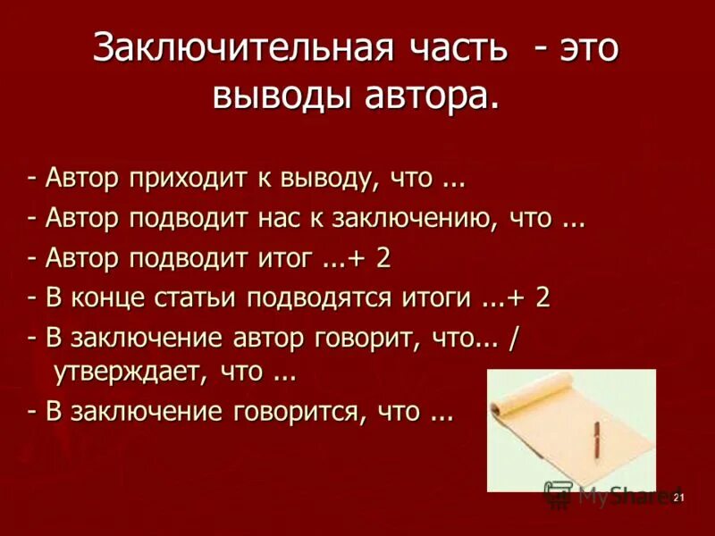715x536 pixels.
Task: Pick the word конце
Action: click(111, 297)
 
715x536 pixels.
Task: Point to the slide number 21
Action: click(678, 498)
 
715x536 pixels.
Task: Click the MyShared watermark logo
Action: click(559, 494)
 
